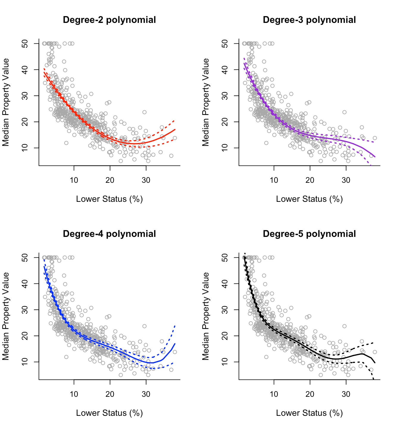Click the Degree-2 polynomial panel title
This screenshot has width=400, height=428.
coord(109,20)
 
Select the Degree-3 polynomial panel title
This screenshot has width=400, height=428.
coord(309,20)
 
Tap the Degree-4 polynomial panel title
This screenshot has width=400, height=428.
coord(109,234)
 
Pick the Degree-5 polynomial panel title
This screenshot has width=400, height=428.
coord(309,234)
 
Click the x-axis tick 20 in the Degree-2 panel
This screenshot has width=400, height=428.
coord(110,180)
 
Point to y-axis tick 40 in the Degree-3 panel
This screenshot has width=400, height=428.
coord(225,70)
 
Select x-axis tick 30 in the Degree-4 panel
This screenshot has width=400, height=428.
coord(146,394)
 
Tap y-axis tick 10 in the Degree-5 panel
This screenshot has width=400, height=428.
coord(225,362)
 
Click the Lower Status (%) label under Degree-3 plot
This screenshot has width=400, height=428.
coord(309,199)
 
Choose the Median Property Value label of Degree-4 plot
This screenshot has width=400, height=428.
coord(6,316)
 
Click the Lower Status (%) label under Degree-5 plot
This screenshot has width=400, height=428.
coord(309,413)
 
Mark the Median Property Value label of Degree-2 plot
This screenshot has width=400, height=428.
coord(6,102)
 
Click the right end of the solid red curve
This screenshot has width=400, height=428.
coord(175,129)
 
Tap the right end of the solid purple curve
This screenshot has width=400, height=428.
coord(375,157)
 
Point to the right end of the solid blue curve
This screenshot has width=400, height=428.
coord(175,344)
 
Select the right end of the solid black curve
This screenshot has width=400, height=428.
coord(375,363)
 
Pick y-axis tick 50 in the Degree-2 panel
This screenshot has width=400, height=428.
coord(25,43)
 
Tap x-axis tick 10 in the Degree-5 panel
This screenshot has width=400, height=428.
coord(274,394)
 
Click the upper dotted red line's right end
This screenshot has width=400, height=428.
coord(175,120)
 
